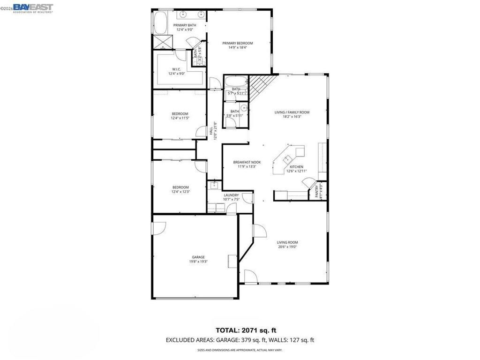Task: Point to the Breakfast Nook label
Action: [247, 162]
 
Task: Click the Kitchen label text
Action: [296, 167]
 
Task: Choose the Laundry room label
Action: [232, 195]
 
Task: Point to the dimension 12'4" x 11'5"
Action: [180, 118]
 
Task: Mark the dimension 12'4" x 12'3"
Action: [180, 191]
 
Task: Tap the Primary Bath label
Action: [185, 25]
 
